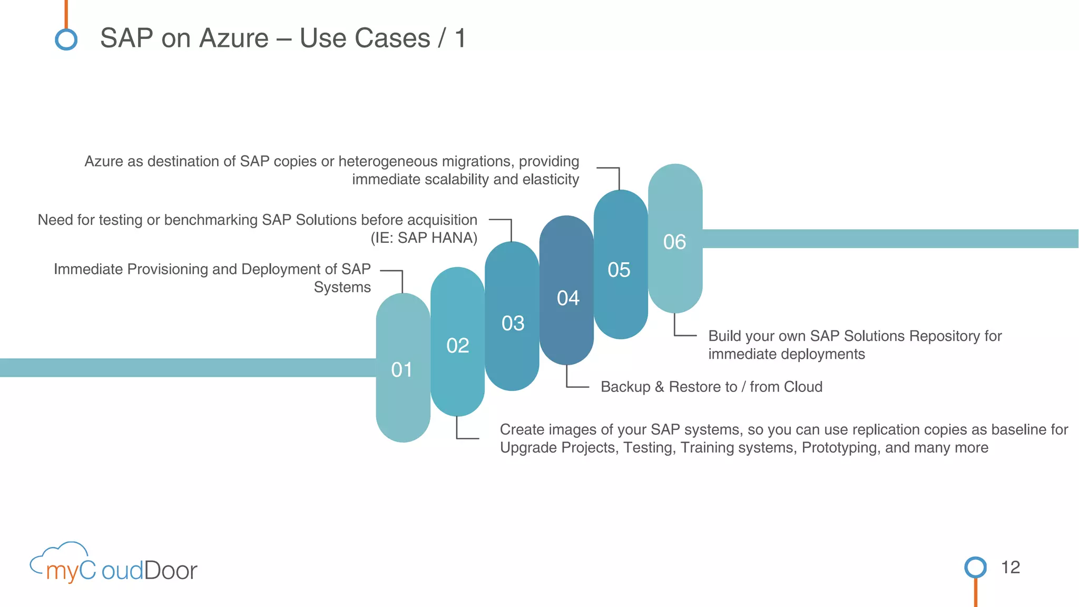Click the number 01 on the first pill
point(401,370)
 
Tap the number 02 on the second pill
point(457,346)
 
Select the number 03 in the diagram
point(513,323)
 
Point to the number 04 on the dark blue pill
point(568,298)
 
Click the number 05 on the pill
point(619,270)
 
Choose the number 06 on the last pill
point(674,242)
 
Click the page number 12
point(1010,567)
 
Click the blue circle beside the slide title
point(66,40)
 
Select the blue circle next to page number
point(975,567)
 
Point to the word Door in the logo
point(170,571)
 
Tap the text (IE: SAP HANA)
point(424,238)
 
